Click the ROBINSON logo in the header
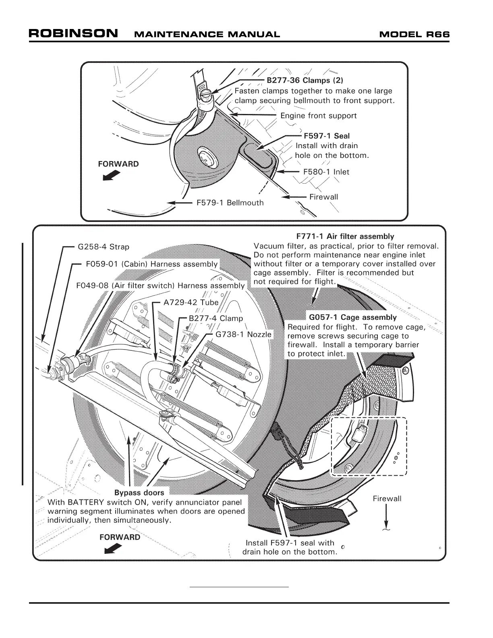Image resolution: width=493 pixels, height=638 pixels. (73, 33)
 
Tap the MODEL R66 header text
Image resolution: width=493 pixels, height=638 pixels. (414, 34)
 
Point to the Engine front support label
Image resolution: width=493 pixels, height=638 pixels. (318, 116)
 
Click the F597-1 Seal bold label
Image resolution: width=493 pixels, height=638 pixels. (327, 136)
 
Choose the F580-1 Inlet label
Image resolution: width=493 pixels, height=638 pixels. (326, 172)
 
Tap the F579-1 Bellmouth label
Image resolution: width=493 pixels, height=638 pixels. (230, 203)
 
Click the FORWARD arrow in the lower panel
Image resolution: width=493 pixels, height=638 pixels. (113, 548)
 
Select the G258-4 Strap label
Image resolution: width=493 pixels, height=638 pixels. (104, 247)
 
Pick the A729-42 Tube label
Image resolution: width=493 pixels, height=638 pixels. (191, 302)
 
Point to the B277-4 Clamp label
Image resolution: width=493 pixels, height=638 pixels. (216, 318)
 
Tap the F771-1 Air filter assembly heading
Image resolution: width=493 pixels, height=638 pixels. (345, 236)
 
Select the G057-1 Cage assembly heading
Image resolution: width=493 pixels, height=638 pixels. (353, 317)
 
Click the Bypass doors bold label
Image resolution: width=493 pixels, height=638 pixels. (139, 493)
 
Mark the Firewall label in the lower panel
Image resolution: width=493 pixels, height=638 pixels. (387, 499)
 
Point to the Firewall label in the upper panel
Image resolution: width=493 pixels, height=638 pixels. (323, 197)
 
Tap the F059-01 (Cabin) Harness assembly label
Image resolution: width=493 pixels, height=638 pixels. (152, 264)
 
